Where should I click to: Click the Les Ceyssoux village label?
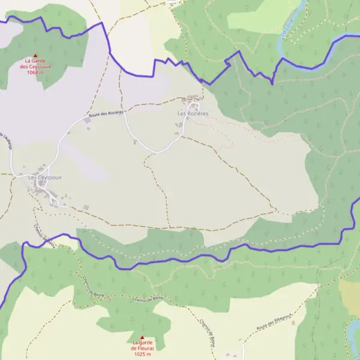click(44, 178)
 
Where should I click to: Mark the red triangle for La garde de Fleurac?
click(142, 337)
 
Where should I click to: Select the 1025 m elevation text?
click(142, 354)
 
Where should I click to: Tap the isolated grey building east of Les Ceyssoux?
click(85, 208)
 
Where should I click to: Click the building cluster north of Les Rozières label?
click(192, 98)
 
